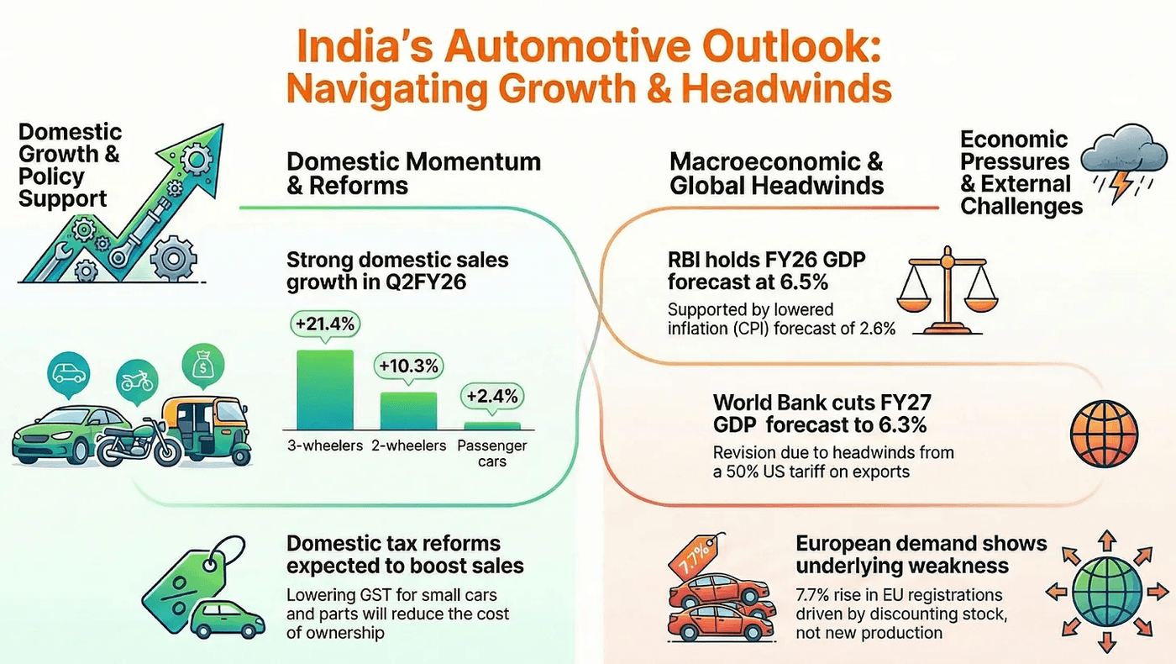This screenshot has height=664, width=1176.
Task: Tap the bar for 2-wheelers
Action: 408,411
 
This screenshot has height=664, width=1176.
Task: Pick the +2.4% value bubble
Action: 492,396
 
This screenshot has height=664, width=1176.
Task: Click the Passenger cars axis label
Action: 492,453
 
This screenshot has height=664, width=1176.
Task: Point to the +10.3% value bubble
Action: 408,367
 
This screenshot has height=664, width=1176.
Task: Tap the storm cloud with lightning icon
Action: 1121,165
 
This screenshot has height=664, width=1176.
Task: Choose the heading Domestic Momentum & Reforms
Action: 413,173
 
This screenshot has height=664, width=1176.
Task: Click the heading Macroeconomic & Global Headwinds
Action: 776,173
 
